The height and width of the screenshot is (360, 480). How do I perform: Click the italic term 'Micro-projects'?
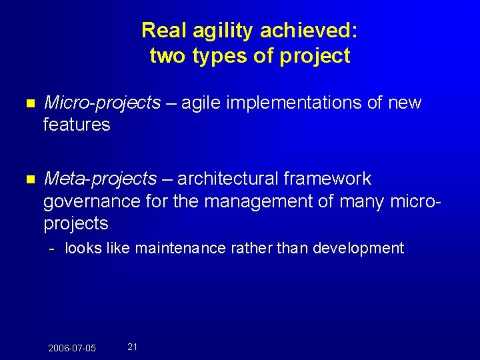click(102, 103)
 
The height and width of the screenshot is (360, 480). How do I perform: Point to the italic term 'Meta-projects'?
click(100, 179)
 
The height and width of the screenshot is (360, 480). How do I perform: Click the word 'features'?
click(77, 125)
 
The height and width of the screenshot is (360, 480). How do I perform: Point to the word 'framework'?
click(327, 179)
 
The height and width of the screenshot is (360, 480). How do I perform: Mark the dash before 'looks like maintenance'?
click(51, 249)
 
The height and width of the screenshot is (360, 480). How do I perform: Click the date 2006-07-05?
click(72, 348)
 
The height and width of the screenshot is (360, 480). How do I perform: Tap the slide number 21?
click(132, 347)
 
